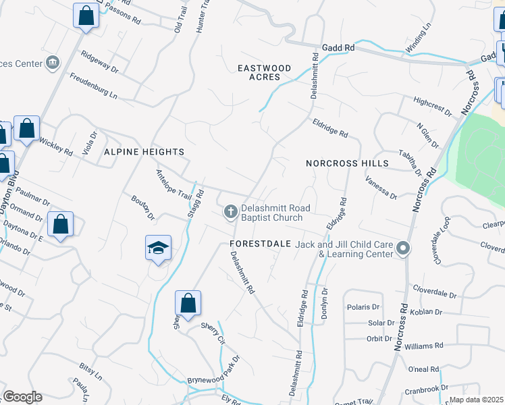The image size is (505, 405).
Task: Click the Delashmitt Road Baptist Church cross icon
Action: (230, 213)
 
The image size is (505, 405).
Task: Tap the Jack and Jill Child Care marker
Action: (403, 248)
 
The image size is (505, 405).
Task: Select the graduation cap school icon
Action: (157, 248)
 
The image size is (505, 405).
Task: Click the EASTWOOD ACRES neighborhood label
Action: (264, 73)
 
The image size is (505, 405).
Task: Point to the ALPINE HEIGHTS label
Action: (144, 153)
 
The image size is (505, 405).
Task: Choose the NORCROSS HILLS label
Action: (347, 163)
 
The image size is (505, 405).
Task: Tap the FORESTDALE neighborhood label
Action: (260, 243)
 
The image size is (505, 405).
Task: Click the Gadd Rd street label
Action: (338, 48)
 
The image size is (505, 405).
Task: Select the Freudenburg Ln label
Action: (93, 87)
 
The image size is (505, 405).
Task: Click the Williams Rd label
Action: (424, 346)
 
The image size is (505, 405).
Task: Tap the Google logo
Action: (22, 397)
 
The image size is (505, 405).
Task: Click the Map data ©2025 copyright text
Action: (476, 400)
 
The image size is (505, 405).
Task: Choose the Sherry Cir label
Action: (212, 333)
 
